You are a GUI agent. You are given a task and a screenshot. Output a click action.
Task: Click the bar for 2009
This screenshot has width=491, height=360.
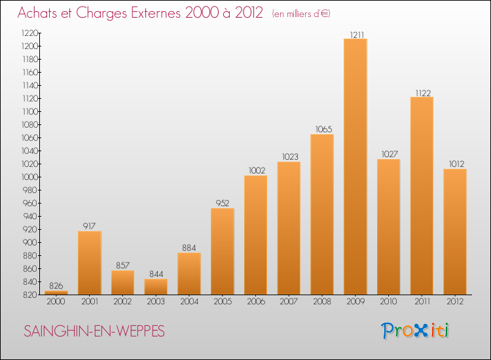(x=355, y=167)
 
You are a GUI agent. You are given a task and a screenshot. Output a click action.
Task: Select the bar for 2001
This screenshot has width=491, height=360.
(x=90, y=262)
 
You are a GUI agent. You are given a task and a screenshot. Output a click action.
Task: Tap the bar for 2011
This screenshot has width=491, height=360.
(x=422, y=196)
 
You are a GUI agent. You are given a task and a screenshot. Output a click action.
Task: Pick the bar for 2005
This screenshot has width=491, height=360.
(x=223, y=251)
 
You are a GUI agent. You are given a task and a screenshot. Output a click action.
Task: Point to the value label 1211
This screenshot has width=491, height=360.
(x=355, y=33)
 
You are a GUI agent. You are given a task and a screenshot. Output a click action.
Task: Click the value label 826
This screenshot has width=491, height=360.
(x=56, y=285)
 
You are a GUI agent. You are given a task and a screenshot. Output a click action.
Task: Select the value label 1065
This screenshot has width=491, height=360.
(x=322, y=129)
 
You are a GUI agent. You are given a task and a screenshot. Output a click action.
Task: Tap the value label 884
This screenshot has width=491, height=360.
(x=189, y=247)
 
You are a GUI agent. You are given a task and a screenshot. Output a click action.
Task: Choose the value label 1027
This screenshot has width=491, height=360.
(x=389, y=154)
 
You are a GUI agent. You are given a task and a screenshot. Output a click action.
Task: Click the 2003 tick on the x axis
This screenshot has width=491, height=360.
(x=156, y=301)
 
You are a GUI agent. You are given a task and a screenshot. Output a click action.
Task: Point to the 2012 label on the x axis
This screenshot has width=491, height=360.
(x=455, y=301)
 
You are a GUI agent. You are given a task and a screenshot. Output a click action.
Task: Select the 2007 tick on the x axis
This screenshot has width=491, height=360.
(x=289, y=301)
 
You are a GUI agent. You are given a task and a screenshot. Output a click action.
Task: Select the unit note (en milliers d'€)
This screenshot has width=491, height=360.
(x=301, y=14)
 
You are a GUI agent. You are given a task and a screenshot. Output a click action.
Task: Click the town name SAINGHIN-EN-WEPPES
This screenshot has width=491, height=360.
(x=94, y=332)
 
